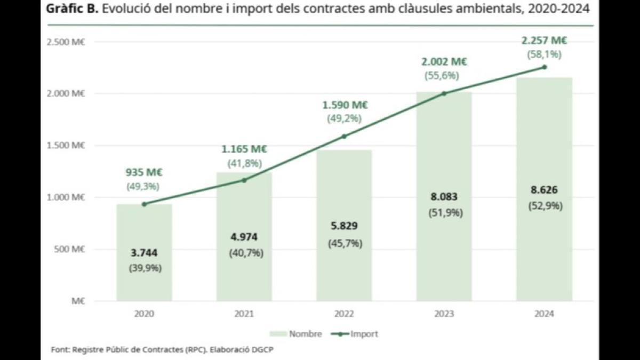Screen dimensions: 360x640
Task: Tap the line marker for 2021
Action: tap(244, 180)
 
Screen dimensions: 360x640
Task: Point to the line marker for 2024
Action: tap(544, 67)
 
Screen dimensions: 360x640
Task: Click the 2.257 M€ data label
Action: tap(544, 41)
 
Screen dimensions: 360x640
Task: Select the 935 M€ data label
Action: tap(144, 172)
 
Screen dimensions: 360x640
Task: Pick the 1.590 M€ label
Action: tap(344, 105)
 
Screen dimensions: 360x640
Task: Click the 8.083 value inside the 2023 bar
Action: tap(444, 197)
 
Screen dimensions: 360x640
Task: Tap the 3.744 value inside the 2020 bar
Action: tap(144, 253)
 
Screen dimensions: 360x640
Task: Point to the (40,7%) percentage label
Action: tap(244, 253)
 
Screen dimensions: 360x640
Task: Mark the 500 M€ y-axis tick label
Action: tap(70, 249)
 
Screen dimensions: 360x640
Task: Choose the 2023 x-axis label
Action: tap(444, 314)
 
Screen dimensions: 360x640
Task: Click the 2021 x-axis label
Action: tap(244, 314)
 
